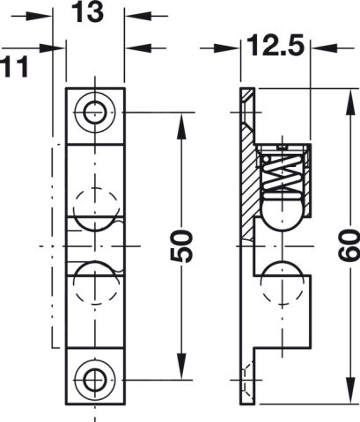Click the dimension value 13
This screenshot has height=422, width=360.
(x=87, y=12)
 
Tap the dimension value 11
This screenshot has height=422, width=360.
(x=15, y=67)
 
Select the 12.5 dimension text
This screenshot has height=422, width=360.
(x=275, y=47)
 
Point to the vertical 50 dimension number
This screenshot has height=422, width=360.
(x=181, y=245)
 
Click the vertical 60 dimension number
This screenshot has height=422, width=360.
(x=349, y=245)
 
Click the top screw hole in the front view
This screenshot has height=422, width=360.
(x=94, y=113)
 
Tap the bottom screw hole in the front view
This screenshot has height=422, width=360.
(x=94, y=380)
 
